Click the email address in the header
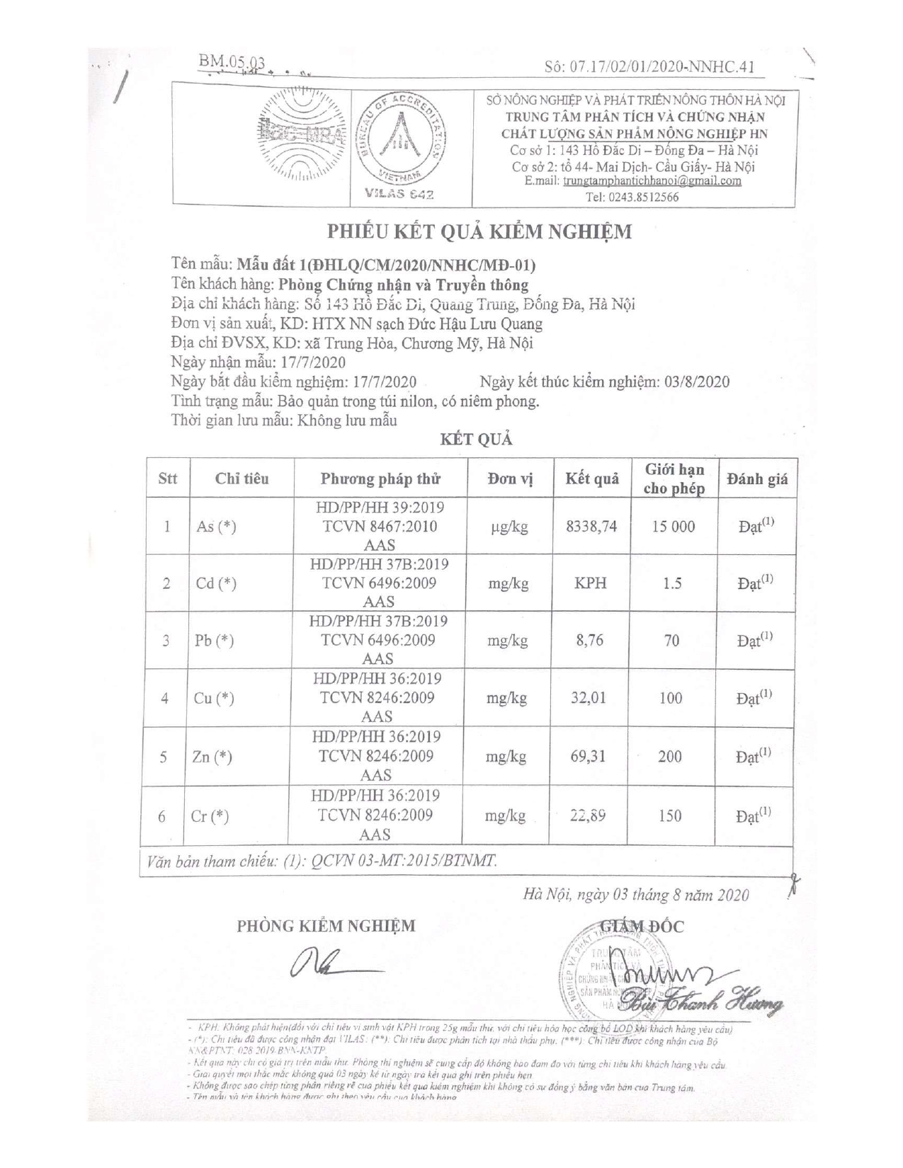[652, 181]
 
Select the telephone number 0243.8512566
[642, 197]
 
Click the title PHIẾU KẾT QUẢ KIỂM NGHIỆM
[479, 231]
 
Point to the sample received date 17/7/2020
[313, 362]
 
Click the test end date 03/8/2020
[697, 382]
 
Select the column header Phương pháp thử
[380, 479]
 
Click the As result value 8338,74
[591, 527]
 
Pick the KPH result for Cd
[591, 584]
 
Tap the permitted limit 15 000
[673, 527]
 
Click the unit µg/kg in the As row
[509, 527]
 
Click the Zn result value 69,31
[589, 757]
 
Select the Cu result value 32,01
[589, 698]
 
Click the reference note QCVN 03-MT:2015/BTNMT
[404, 861]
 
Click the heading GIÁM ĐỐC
[642, 926]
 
